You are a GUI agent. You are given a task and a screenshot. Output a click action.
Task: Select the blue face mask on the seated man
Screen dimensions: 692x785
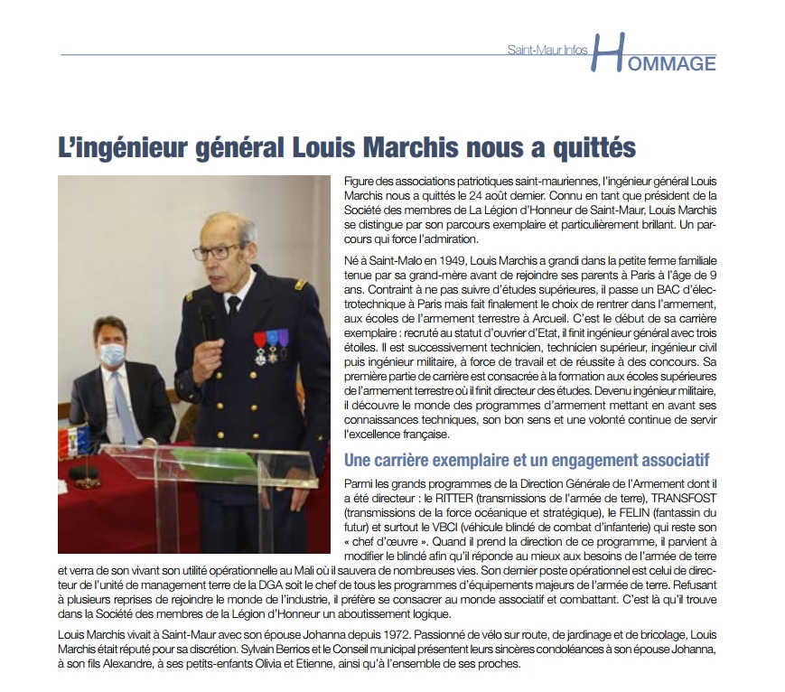[x=113, y=354]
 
